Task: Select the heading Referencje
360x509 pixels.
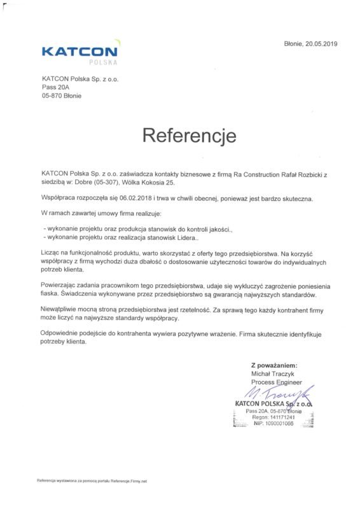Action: [180, 135]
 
